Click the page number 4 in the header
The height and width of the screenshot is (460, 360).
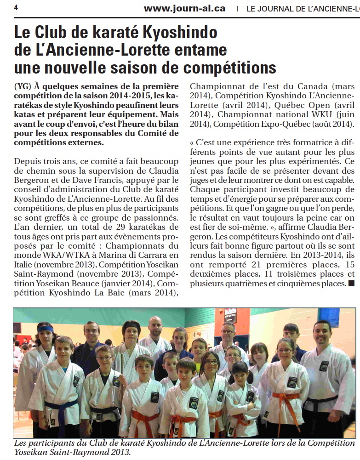16,8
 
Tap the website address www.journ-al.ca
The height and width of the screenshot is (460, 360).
184,8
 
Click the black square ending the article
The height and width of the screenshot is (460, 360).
351,284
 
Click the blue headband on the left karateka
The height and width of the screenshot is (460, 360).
46,329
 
